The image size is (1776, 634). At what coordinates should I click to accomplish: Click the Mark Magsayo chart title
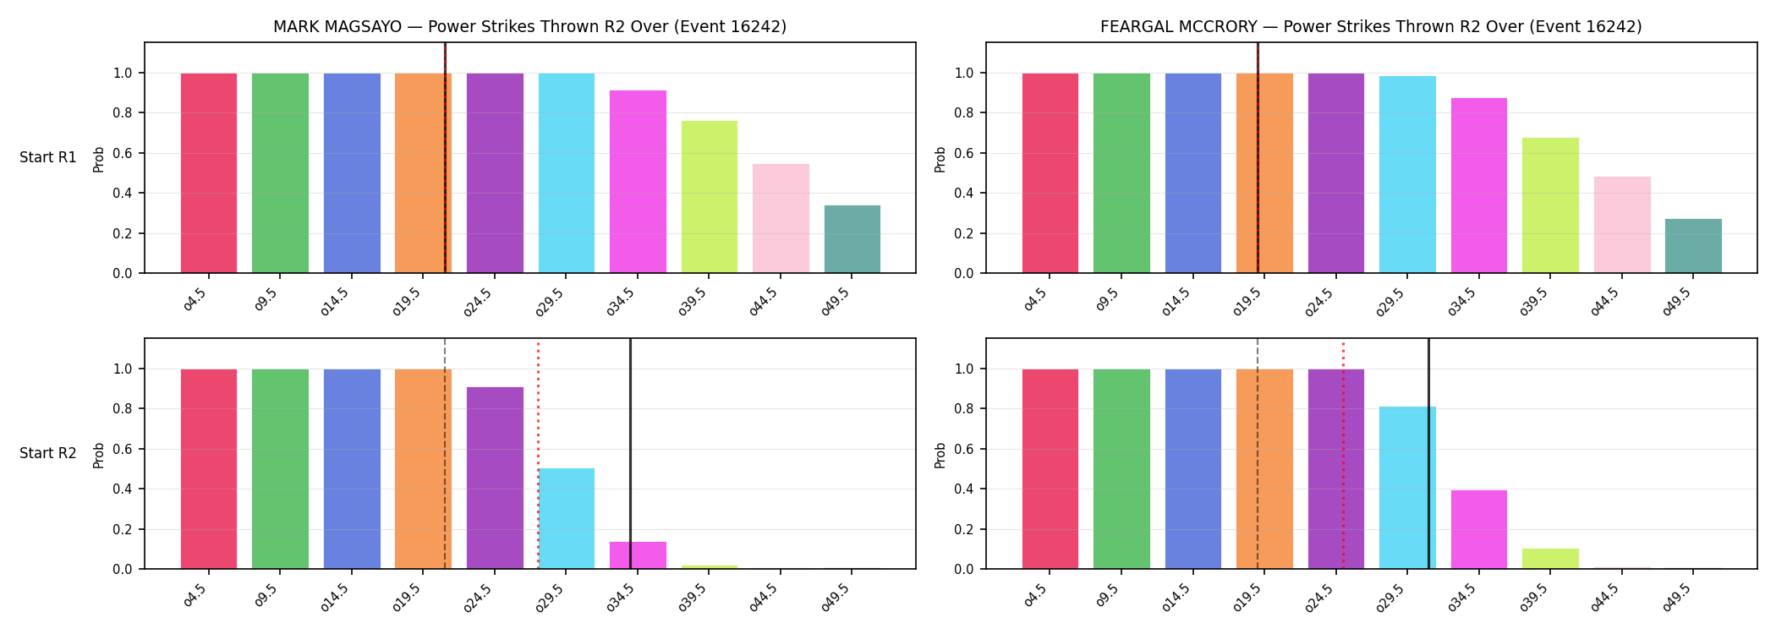pyautogui.click(x=529, y=27)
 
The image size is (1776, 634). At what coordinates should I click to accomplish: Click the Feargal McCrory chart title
pyautogui.click(x=1371, y=27)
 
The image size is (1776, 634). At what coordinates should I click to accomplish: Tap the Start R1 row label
pyautogui.click(x=48, y=158)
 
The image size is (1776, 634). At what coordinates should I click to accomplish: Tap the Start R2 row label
pyautogui.click(x=48, y=454)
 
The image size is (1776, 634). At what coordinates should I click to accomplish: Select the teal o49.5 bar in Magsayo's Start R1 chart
pyautogui.click(x=852, y=239)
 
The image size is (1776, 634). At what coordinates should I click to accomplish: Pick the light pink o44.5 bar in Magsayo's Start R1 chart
pyautogui.click(x=781, y=218)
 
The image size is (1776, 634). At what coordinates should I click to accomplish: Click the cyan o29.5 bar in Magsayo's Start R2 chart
pyautogui.click(x=567, y=518)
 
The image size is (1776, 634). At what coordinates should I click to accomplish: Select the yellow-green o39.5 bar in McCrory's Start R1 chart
pyautogui.click(x=1550, y=205)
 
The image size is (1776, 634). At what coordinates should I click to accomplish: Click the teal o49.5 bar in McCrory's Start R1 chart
pyautogui.click(x=1693, y=246)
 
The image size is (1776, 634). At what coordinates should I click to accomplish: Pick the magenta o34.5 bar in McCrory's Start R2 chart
pyautogui.click(x=1479, y=529)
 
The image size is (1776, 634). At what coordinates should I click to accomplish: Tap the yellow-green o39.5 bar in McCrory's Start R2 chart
pyautogui.click(x=1550, y=559)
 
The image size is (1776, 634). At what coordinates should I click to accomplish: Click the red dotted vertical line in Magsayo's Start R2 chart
pyautogui.click(x=538, y=454)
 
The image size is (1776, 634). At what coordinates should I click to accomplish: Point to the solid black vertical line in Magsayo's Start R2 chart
pyautogui.click(x=630, y=454)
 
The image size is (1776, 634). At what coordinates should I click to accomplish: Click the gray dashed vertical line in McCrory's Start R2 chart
pyautogui.click(x=1258, y=454)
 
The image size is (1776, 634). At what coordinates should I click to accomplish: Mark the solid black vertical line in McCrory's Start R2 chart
pyautogui.click(x=1428, y=454)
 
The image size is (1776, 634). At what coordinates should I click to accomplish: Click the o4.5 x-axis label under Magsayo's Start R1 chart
pyautogui.click(x=195, y=299)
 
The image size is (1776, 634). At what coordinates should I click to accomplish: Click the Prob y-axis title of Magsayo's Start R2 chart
pyautogui.click(x=99, y=455)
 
